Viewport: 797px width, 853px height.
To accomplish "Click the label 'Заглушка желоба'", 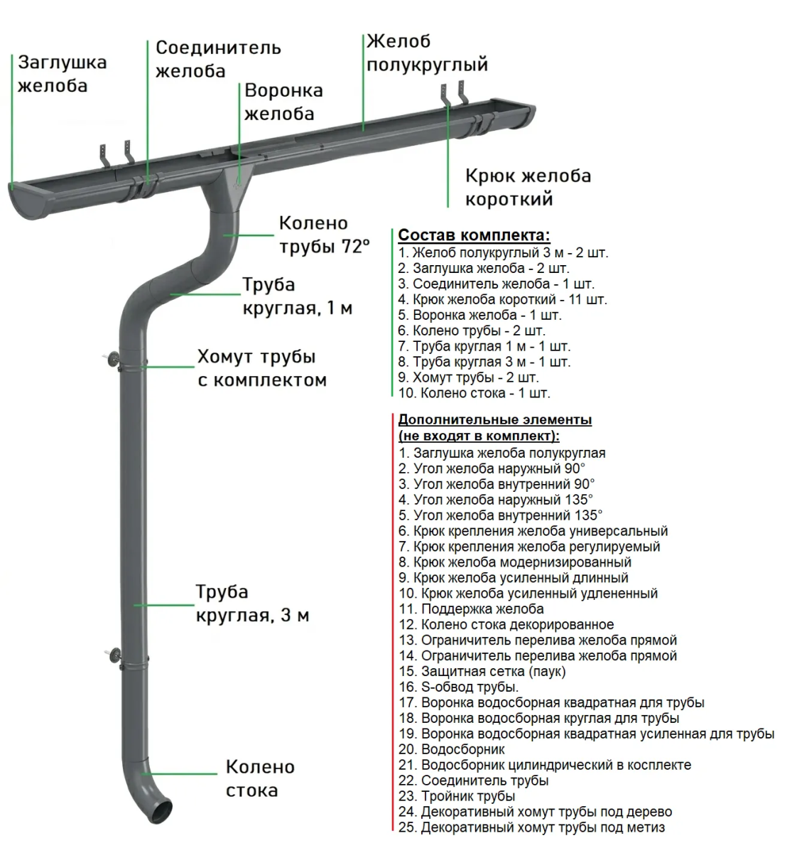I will [63, 74].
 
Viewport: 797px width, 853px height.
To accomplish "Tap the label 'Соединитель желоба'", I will [218, 59].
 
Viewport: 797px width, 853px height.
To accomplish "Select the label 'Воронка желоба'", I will [283, 102].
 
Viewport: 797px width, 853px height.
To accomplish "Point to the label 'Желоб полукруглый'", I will [427, 53].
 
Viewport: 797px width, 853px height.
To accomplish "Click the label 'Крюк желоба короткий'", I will [528, 187].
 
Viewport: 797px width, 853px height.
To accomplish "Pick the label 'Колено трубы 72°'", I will [324, 235].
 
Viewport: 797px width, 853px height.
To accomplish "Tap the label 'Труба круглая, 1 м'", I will [297, 296].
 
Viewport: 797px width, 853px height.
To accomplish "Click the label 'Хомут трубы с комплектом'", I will [261, 368].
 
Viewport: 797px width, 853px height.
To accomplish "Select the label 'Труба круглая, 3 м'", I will [252, 603].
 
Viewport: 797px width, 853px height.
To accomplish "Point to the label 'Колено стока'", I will [260, 778].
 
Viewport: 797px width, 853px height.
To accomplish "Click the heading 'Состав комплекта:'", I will [474, 235].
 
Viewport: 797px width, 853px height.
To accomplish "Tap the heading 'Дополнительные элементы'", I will [494, 419].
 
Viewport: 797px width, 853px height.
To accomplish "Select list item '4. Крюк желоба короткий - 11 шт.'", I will [502, 299].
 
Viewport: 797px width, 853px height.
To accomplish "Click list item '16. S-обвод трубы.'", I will [458, 687].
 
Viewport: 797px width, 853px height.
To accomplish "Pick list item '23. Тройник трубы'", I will [457, 796].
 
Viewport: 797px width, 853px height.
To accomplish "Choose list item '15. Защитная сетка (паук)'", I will [482, 671].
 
